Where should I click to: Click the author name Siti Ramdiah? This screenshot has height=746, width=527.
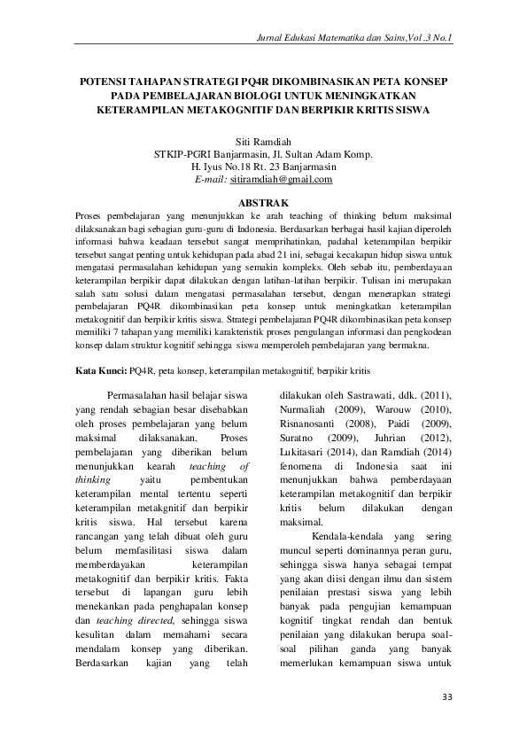(x=263, y=141)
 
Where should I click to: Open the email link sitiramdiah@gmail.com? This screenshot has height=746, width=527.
(x=281, y=179)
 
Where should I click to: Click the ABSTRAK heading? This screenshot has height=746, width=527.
(x=263, y=203)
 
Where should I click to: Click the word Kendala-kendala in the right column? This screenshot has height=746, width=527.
(x=349, y=538)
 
